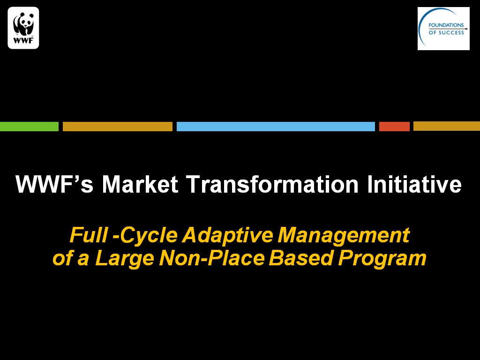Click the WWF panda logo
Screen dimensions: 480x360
[x=23, y=28]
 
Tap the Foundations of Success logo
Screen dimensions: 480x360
[x=443, y=29]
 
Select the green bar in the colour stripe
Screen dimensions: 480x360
[x=29, y=127]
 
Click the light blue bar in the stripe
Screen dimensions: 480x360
[x=276, y=127]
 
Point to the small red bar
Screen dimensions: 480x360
[x=394, y=127]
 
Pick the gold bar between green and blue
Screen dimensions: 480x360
[x=118, y=127]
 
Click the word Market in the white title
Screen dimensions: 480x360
[x=140, y=185]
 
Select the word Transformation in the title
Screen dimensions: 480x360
[x=272, y=185]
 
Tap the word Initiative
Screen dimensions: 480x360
[x=414, y=185]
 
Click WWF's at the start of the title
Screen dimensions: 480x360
[x=54, y=185]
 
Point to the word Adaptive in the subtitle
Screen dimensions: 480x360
[x=227, y=235]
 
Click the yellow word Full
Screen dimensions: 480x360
[x=89, y=235]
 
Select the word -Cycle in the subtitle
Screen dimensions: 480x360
[x=145, y=235]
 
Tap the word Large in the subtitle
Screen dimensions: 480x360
[x=125, y=259]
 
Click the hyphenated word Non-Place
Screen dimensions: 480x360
[x=212, y=258]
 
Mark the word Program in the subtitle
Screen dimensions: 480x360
[x=382, y=259]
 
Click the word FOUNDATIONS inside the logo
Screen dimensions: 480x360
[x=446, y=25]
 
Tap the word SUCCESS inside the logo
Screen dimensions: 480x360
[x=451, y=32]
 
